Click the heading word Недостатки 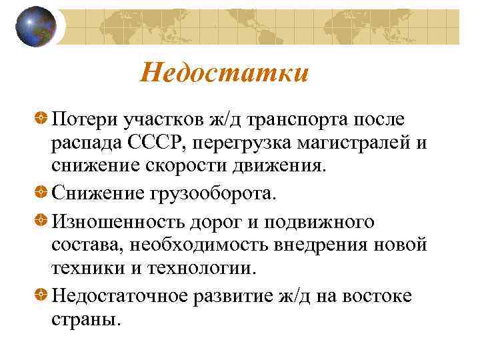click(x=225, y=72)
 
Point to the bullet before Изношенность click(x=41, y=221)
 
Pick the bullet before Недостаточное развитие click(x=41, y=294)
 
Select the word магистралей click(x=358, y=143)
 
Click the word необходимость click(x=196, y=246)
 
